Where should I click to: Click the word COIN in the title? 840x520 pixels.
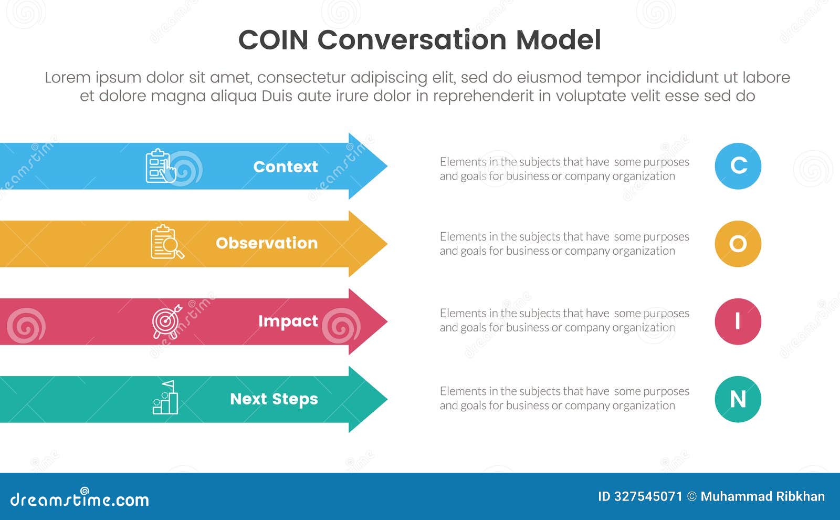(273, 40)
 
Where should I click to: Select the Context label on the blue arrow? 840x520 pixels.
(285, 167)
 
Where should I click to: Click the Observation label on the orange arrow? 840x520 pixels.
(267, 243)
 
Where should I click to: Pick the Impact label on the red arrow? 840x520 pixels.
(288, 321)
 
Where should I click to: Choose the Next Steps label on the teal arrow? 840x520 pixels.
(274, 399)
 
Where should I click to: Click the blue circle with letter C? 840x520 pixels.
(738, 166)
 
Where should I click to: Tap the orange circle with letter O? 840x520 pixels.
(738, 244)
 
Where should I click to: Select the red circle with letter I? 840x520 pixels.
(738, 321)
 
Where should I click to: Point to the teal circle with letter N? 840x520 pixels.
(738, 399)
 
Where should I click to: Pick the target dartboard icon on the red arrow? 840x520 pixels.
(166, 321)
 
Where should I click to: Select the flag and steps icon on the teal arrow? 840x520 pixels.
(165, 398)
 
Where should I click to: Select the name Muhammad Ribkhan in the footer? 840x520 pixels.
(762, 496)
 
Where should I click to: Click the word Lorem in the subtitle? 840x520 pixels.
(67, 78)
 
